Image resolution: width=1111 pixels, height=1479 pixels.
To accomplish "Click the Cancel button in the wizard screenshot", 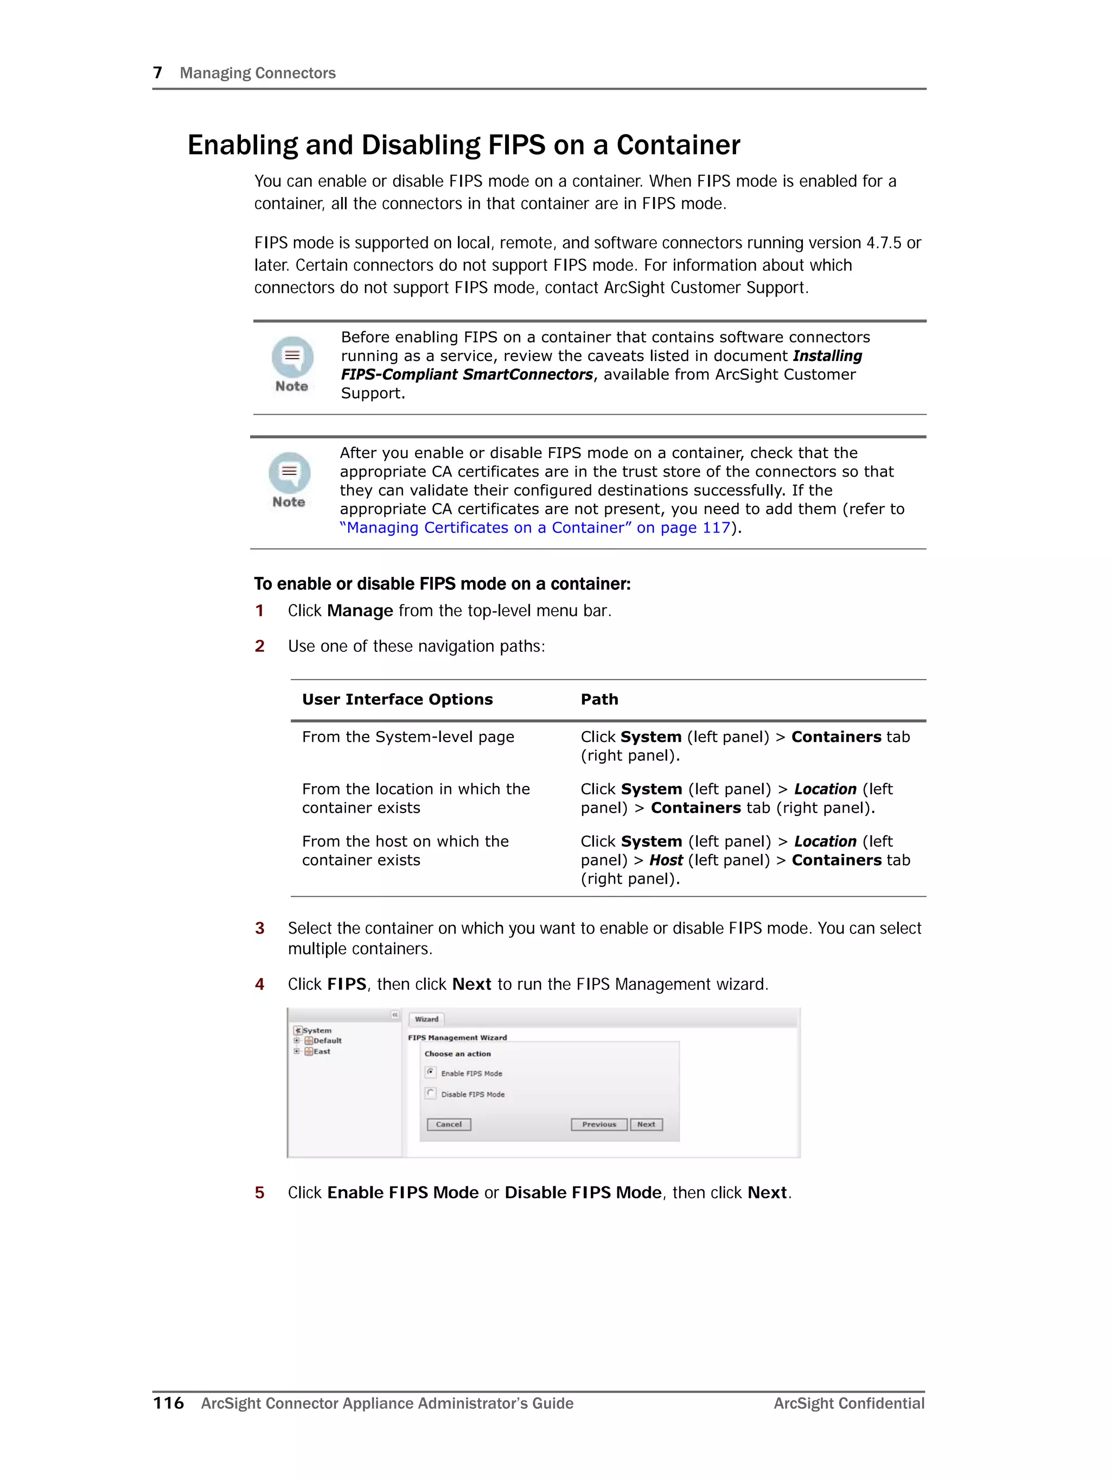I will coord(449,1124).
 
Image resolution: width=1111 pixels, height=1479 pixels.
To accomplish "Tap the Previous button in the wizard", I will coord(598,1124).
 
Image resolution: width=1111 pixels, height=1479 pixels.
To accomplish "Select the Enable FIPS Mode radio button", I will coord(431,1072).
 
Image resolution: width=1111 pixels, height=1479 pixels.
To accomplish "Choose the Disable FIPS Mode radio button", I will coord(431,1093).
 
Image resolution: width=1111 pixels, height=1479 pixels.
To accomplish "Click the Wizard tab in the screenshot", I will coord(426,1019).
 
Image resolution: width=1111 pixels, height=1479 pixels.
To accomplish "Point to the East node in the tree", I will coord(322,1051).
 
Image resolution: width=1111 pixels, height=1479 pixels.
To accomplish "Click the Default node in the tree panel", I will coord(327,1040).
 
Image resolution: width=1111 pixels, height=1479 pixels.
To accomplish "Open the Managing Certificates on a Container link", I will coord(535,528).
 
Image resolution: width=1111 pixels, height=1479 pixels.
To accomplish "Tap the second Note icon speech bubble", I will coord(290,472).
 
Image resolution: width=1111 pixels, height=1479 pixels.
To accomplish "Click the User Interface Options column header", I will coord(397,700).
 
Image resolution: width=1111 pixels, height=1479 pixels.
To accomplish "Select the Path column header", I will coord(599,700).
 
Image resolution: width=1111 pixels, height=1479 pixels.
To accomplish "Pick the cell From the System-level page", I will coord(408,737).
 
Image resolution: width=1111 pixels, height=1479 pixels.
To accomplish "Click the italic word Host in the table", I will coord(666,860).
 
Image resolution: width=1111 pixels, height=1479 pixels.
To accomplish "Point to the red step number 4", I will coord(259,984).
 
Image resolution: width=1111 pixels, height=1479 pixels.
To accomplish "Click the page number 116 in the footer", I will coord(169,1403).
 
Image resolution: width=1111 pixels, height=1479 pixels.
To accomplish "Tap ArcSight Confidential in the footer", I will coord(849,1403).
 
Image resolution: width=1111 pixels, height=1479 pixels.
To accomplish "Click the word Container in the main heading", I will coord(678,145).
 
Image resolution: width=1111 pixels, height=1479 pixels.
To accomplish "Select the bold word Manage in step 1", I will coord(360,611).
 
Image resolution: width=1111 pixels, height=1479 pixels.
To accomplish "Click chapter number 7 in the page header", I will coord(158,72).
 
